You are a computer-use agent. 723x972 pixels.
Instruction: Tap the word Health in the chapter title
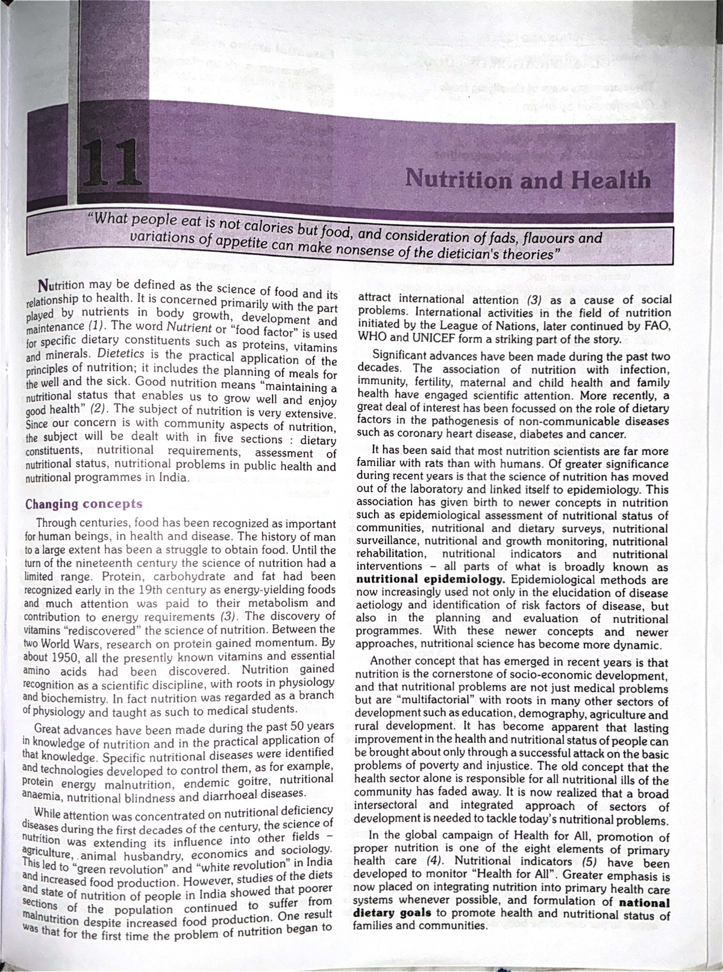609,180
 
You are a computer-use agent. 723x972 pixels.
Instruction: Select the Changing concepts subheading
84,504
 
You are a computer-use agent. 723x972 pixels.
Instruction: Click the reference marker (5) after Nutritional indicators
591,863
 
